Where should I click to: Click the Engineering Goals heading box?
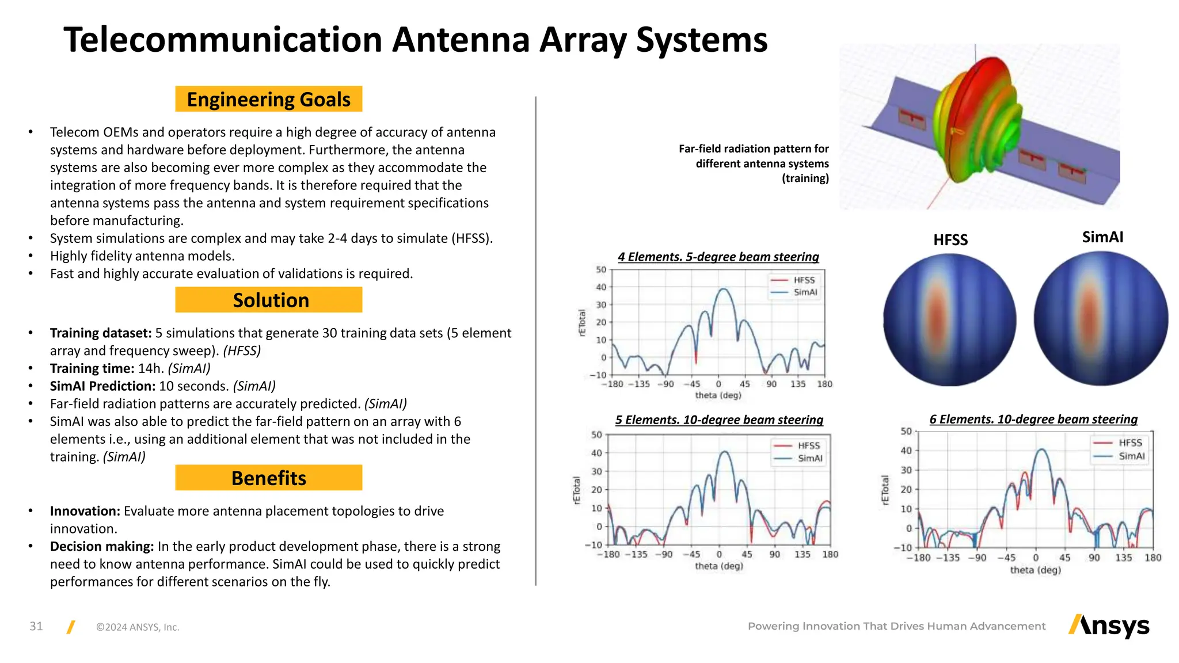click(x=268, y=99)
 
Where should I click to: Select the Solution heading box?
click(x=268, y=300)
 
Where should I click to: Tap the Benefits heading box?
click(x=268, y=478)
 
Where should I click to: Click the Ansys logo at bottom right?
click(x=1109, y=626)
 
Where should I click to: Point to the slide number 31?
click(x=36, y=626)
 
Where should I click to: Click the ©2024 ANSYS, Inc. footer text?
click(x=138, y=627)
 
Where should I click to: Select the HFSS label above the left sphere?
click(x=950, y=240)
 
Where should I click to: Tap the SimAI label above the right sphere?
click(x=1102, y=237)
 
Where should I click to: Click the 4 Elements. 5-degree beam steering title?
click(x=718, y=257)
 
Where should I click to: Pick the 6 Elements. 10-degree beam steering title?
click(x=1033, y=420)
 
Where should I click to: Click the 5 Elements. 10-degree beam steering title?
click(x=719, y=420)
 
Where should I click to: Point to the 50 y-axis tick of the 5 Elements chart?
click(x=597, y=435)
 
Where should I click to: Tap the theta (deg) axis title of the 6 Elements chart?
click(x=1035, y=570)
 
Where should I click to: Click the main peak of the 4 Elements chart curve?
click(x=724, y=289)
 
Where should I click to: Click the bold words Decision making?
click(x=102, y=546)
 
